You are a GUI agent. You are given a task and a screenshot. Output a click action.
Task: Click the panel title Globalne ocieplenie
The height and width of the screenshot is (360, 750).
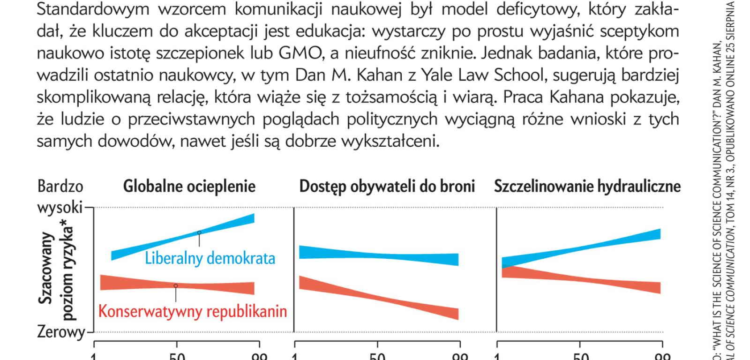(x=189, y=187)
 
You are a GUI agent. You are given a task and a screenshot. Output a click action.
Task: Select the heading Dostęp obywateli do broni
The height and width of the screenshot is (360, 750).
(x=387, y=187)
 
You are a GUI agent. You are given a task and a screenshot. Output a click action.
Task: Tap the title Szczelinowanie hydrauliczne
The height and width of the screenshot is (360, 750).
(x=587, y=187)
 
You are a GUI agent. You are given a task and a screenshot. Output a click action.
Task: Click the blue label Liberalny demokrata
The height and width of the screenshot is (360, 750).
(x=210, y=258)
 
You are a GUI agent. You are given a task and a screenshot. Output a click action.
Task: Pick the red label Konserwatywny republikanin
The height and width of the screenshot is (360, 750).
(x=193, y=311)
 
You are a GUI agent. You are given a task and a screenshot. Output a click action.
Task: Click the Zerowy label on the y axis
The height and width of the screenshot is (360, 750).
(x=61, y=333)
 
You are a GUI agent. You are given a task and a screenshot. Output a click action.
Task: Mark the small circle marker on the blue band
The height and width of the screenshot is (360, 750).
(x=199, y=232)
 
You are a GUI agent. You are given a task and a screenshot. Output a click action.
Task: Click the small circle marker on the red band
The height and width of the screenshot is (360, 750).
(x=176, y=285)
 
